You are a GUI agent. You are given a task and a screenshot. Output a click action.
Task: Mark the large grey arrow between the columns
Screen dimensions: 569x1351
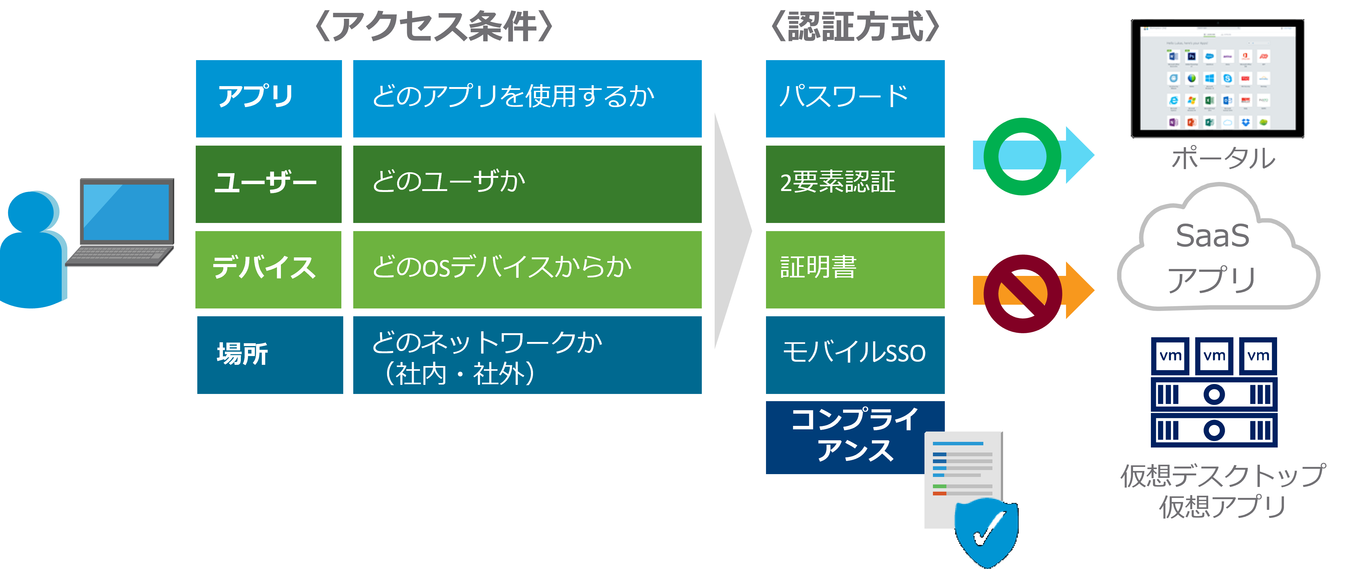point(732,231)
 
